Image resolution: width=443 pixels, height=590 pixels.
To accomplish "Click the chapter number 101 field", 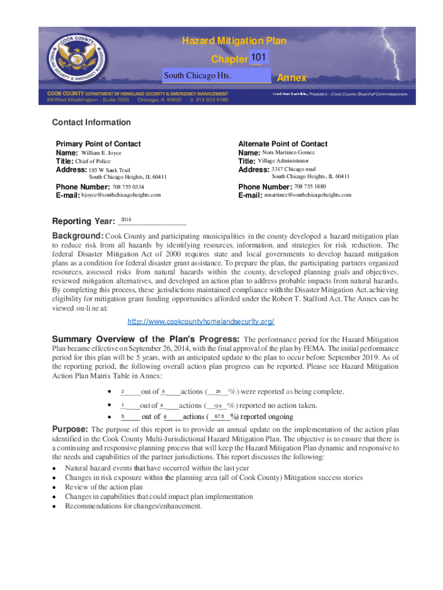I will (258, 58).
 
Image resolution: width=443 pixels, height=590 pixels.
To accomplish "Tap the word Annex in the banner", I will (292, 78).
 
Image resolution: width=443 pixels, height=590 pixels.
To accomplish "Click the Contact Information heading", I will (91, 122).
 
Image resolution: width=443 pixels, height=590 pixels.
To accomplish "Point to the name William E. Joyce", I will (101, 153).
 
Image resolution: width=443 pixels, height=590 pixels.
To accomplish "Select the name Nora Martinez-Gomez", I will (288, 153).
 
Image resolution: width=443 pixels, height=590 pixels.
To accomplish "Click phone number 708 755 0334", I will (128, 187).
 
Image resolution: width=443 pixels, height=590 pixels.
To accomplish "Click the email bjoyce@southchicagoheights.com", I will (121, 195).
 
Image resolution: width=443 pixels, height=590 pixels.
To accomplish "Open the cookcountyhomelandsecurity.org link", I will (200, 322).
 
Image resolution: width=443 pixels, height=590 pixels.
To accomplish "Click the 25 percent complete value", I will (218, 392).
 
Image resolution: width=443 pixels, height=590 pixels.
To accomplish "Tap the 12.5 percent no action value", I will (217, 406).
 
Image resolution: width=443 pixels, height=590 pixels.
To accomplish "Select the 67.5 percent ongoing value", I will (219, 417).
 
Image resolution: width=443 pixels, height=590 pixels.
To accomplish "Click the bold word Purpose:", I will (70, 429).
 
